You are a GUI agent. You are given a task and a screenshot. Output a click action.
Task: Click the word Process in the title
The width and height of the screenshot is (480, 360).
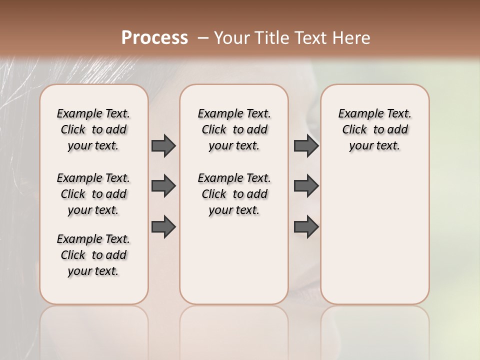(x=154, y=38)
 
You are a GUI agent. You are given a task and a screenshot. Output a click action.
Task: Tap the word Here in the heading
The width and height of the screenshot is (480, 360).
(x=352, y=38)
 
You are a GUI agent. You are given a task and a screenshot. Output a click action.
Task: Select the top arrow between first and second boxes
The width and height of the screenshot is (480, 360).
(x=163, y=145)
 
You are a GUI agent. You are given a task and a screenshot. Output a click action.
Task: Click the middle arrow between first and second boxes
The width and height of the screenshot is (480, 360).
(x=163, y=186)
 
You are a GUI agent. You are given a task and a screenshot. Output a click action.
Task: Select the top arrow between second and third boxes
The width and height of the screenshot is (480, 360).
(x=306, y=145)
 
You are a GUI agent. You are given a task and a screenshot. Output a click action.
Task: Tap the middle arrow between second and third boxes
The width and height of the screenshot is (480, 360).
(x=306, y=186)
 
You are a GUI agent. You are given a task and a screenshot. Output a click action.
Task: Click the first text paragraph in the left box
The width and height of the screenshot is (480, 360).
(x=93, y=129)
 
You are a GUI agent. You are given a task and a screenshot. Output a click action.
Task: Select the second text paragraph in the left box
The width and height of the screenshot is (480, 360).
(x=93, y=194)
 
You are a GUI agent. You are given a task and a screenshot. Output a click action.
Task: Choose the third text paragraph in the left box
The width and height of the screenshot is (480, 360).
(x=93, y=255)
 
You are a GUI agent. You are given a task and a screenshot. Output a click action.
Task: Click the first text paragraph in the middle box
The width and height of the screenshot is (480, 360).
(x=234, y=129)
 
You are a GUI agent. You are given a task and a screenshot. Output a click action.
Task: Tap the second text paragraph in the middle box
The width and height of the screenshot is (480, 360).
(x=234, y=194)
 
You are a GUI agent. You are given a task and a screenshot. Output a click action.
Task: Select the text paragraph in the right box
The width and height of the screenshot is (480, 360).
(x=374, y=129)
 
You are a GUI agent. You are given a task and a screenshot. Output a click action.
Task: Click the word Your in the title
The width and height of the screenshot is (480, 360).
(x=231, y=38)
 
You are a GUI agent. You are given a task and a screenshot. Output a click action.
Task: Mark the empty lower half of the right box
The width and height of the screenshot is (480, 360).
(x=374, y=235)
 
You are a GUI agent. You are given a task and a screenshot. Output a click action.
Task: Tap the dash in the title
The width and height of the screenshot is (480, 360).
(x=203, y=38)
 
